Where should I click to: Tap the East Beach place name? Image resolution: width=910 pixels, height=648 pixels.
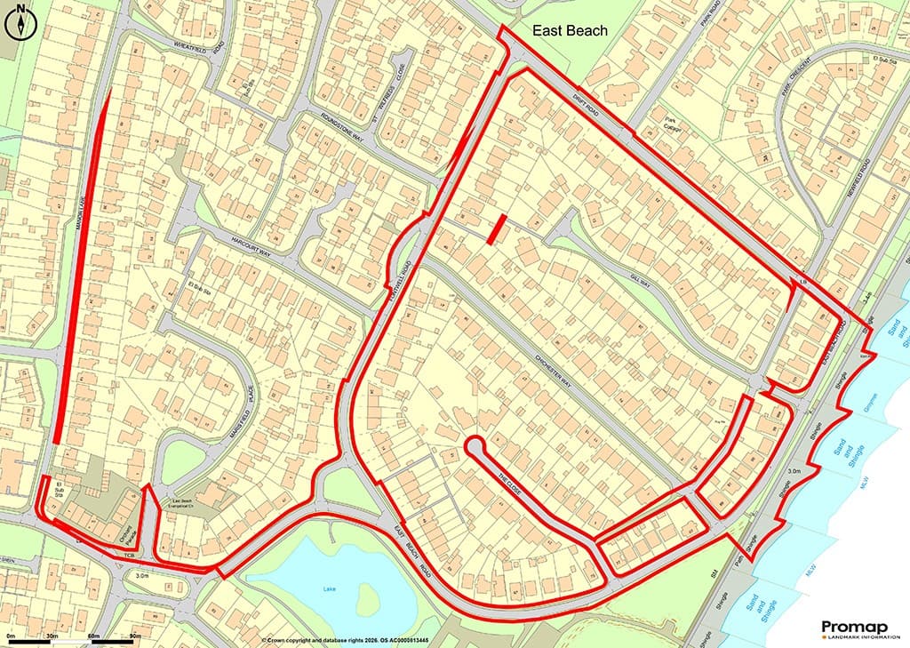click(x=570, y=31)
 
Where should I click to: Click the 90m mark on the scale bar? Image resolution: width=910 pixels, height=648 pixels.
click(x=135, y=636)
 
